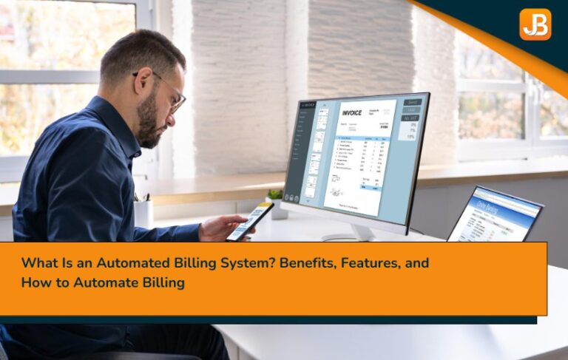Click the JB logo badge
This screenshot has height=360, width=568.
(x=535, y=24)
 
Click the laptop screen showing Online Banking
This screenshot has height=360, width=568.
(x=494, y=215)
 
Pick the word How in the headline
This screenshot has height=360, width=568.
(x=33, y=282)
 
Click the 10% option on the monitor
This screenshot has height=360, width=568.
(x=411, y=136)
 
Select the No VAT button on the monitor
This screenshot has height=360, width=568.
(x=411, y=118)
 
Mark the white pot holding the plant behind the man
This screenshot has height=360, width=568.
(x=143, y=214)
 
